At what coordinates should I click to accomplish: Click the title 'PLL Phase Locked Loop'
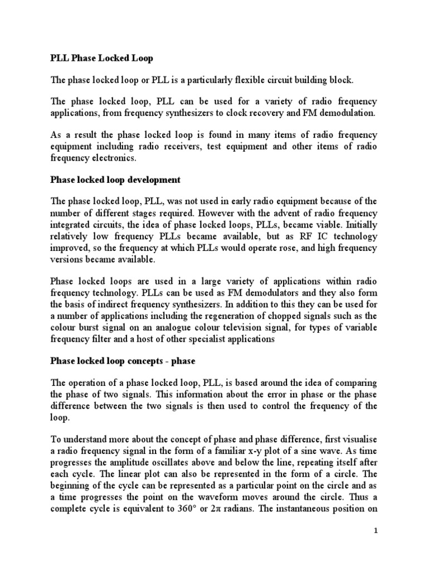(101, 59)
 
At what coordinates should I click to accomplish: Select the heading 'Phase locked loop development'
(115, 181)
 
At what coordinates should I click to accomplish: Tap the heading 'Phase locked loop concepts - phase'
(123, 361)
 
